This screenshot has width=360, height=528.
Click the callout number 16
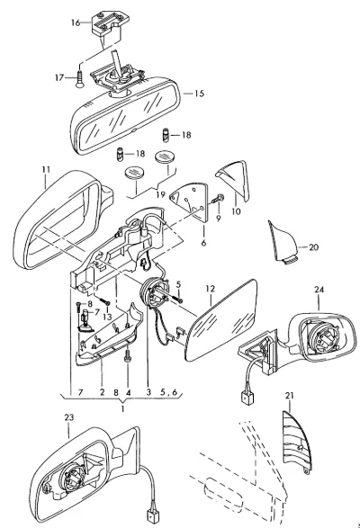pyautogui.click(x=76, y=22)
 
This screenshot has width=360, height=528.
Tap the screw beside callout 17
pyautogui.click(x=79, y=79)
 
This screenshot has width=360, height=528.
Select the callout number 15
pyautogui.click(x=199, y=94)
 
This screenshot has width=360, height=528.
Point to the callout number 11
pyautogui.click(x=46, y=169)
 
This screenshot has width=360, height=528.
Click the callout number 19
pyautogui.click(x=161, y=194)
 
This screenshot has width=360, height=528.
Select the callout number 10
pyautogui.click(x=237, y=211)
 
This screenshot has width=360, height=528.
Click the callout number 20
pyautogui.click(x=313, y=247)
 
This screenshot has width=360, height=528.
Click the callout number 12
pyautogui.click(x=210, y=289)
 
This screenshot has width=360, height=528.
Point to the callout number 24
pyautogui.click(x=319, y=290)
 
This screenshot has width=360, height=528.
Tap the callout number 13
pyautogui.click(x=107, y=317)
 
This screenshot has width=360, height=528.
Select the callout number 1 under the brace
pyautogui.click(x=122, y=409)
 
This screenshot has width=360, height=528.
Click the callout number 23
pyautogui.click(x=68, y=417)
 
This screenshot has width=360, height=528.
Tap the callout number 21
pyautogui.click(x=290, y=396)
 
